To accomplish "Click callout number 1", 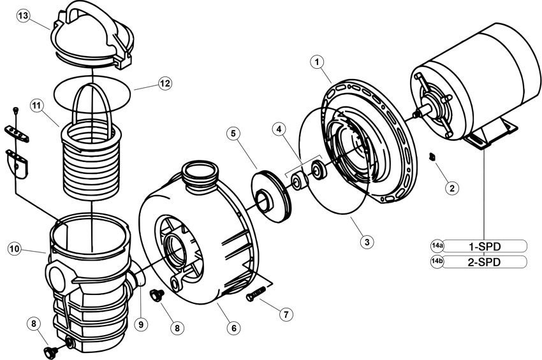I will [x=317, y=62].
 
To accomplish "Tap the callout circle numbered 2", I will [x=452, y=188].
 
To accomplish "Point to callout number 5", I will [x=234, y=134].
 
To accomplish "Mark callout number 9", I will [x=141, y=324].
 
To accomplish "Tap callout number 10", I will [x=15, y=249].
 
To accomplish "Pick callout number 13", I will [x=24, y=16].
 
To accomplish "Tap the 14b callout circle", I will [x=437, y=262].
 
